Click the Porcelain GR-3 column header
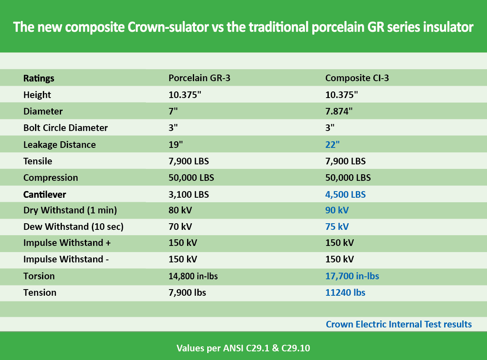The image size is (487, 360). (199, 78)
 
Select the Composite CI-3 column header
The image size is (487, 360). (357, 78)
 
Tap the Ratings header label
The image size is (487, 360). (39, 78)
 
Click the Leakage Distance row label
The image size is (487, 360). (60, 145)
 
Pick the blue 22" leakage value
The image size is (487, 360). (332, 145)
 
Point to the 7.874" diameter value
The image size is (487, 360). (339, 111)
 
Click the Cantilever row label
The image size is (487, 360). (45, 194)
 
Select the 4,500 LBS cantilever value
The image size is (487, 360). (345, 194)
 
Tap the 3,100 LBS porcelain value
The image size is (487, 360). (189, 194)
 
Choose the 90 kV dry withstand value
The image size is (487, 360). (337, 210)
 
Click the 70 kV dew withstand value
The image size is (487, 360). (180, 227)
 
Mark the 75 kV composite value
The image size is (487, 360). (337, 227)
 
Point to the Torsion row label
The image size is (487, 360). (39, 276)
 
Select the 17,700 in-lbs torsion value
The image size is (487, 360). (352, 276)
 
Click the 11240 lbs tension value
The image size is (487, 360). (345, 292)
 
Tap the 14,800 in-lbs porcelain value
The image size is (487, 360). (193, 276)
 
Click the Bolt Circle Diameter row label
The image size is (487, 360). (66, 128)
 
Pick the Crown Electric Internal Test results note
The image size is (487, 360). (399, 324)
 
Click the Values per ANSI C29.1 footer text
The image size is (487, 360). (243, 348)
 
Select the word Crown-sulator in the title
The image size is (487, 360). (168, 27)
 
